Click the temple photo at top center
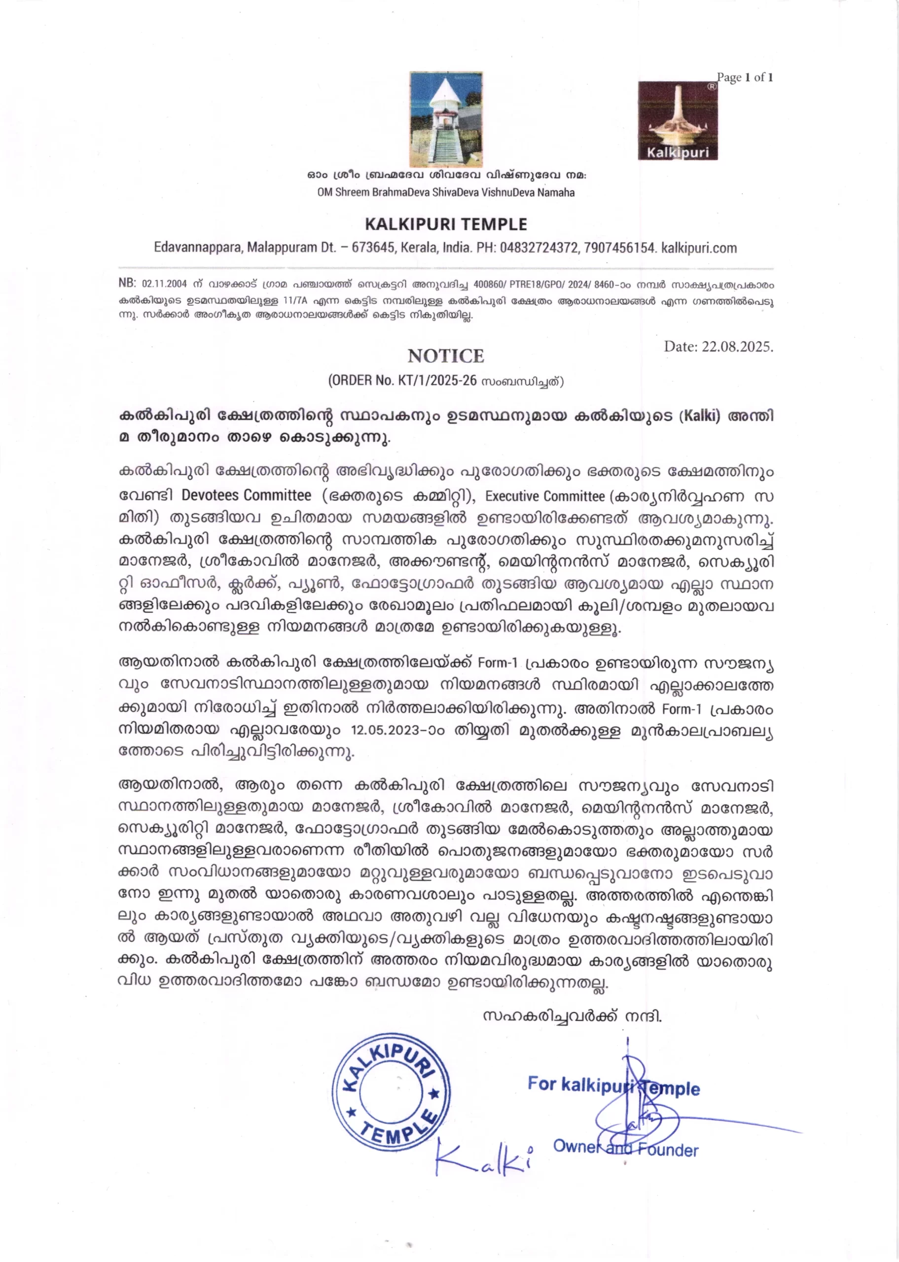[x=446, y=119]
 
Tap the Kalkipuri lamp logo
[x=678, y=121]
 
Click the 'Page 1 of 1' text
[x=745, y=77]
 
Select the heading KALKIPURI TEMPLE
[x=446, y=224]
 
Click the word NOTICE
[x=446, y=356]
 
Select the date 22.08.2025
[x=736, y=347]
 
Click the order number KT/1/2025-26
[x=437, y=381]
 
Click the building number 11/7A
[x=294, y=302]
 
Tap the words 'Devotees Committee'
[x=247, y=494]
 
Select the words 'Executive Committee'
[x=545, y=496]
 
